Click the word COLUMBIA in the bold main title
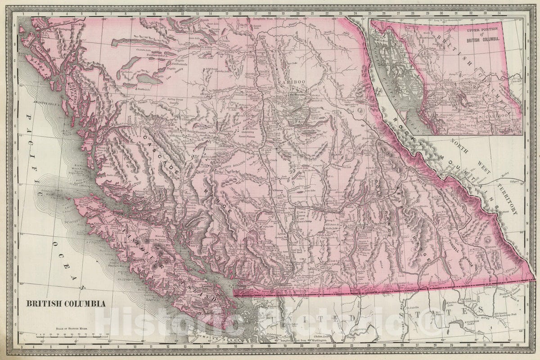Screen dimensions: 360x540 (x=83, y=304)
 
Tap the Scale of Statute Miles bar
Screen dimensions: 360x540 (x=81, y=335)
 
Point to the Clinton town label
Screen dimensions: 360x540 (x=278, y=191)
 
